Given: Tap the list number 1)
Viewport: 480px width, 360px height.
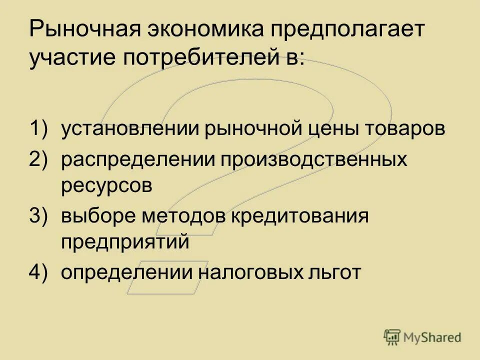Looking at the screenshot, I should (40, 129).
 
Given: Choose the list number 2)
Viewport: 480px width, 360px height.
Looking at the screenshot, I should (40, 160).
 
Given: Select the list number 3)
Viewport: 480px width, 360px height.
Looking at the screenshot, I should (40, 216).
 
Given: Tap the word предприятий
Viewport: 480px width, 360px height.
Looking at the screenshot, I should (125, 243).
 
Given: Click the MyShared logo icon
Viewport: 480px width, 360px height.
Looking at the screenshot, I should (392, 338).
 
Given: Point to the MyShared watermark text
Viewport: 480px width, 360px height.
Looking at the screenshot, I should (433, 338).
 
